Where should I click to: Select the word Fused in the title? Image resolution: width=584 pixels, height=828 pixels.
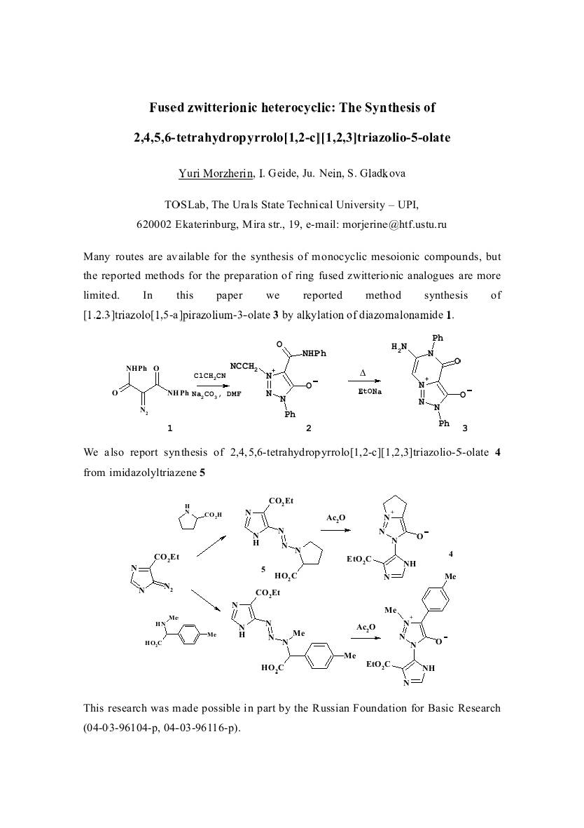click(169, 108)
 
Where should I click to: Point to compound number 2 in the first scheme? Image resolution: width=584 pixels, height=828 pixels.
click(309, 427)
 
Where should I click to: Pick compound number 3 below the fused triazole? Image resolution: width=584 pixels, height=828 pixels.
click(464, 427)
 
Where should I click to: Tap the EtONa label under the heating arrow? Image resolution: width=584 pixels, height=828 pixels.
click(369, 391)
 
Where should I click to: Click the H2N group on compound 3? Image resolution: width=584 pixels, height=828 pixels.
click(399, 347)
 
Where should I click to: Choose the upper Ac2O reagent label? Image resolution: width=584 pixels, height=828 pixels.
click(336, 517)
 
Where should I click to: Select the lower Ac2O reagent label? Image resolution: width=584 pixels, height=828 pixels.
click(366, 627)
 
